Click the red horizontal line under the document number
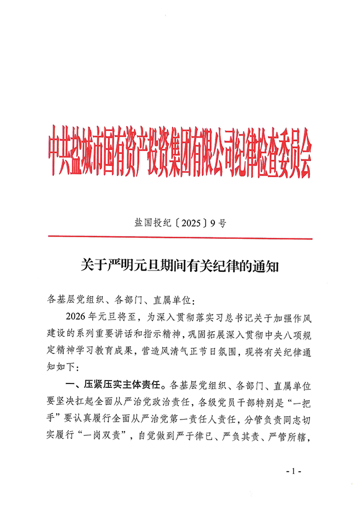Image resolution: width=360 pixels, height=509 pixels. (x=180, y=238)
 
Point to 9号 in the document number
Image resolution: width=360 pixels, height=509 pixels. (x=219, y=224)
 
